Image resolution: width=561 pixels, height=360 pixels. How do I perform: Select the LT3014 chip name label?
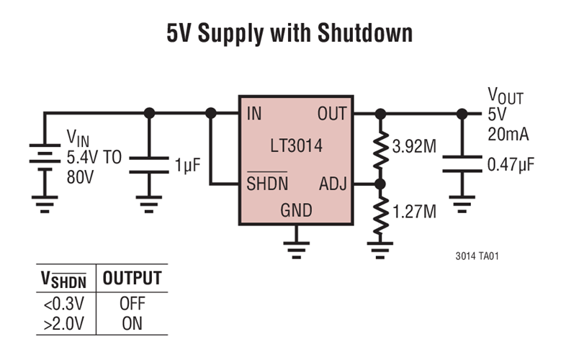[296, 148]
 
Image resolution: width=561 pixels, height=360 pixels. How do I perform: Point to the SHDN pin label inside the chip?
[267, 184]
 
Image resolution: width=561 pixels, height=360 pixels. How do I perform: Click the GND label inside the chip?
[296, 210]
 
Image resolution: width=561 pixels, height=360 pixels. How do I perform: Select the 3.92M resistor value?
[414, 148]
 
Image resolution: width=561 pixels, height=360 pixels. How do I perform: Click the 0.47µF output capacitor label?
[511, 165]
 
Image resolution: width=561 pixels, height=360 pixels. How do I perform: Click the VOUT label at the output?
[506, 96]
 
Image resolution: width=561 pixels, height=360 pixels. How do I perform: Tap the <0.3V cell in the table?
[63, 305]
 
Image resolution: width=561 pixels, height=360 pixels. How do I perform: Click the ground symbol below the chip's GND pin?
[295, 249]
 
